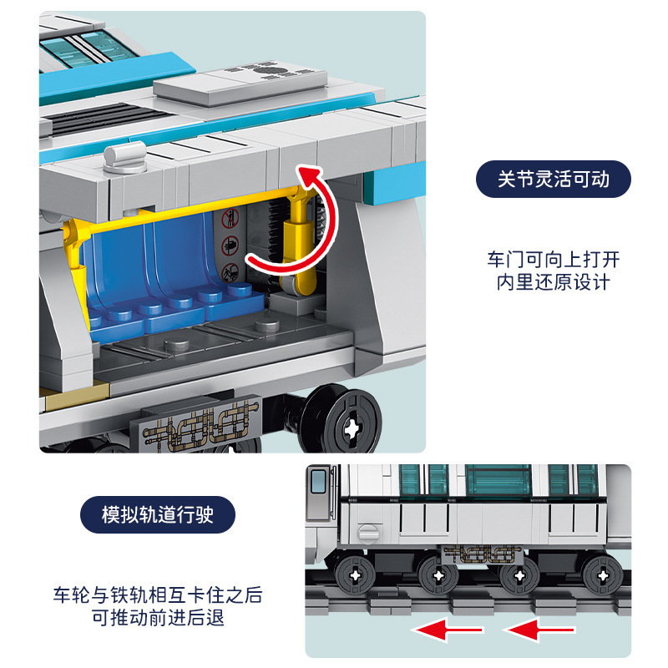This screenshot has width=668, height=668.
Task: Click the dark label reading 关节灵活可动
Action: point(553,180)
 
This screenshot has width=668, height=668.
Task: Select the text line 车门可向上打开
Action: point(553,259)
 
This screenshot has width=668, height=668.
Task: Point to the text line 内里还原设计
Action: point(553,282)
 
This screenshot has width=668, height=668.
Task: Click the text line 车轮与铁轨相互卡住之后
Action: point(158,595)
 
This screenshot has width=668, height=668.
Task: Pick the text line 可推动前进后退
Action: point(158,619)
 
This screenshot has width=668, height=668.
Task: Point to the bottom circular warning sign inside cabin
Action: point(230,271)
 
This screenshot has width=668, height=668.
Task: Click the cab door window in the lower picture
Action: point(319,482)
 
